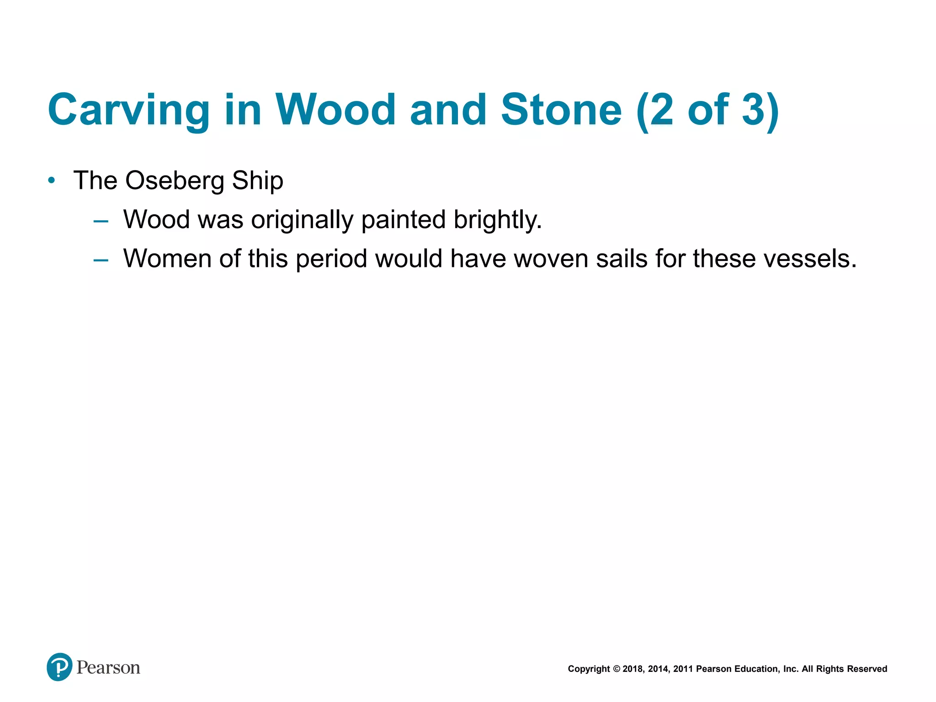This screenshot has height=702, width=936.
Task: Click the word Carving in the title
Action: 128,110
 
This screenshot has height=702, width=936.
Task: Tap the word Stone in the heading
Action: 561,110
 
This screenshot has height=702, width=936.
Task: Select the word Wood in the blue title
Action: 335,110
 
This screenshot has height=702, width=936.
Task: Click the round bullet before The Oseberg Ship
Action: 52,181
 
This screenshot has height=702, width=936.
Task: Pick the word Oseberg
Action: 175,181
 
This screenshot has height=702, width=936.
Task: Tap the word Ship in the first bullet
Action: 258,181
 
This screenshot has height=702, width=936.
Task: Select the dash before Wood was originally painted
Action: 101,222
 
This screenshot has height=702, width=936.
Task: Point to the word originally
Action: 302,220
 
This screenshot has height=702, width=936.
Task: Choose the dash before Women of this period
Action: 101,261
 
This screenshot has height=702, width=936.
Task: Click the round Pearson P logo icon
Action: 59,667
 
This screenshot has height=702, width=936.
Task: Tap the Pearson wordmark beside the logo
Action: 108,668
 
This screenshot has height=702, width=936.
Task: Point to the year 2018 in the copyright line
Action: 633,669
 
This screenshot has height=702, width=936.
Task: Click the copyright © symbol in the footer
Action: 616,669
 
